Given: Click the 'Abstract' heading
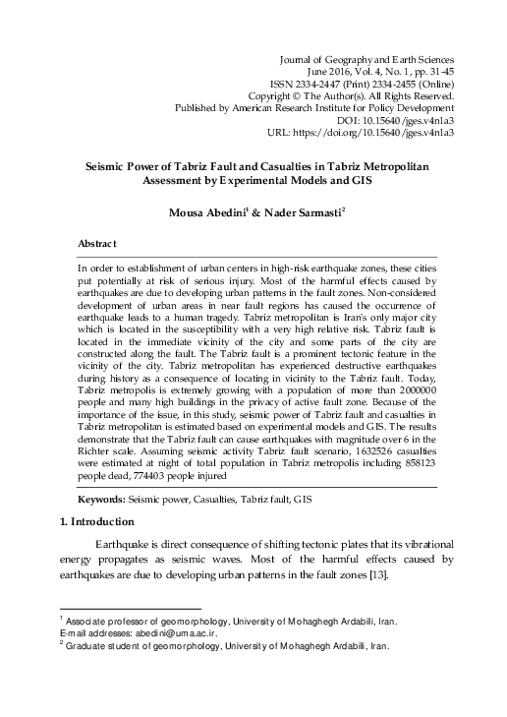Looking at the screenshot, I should click(98, 242).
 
